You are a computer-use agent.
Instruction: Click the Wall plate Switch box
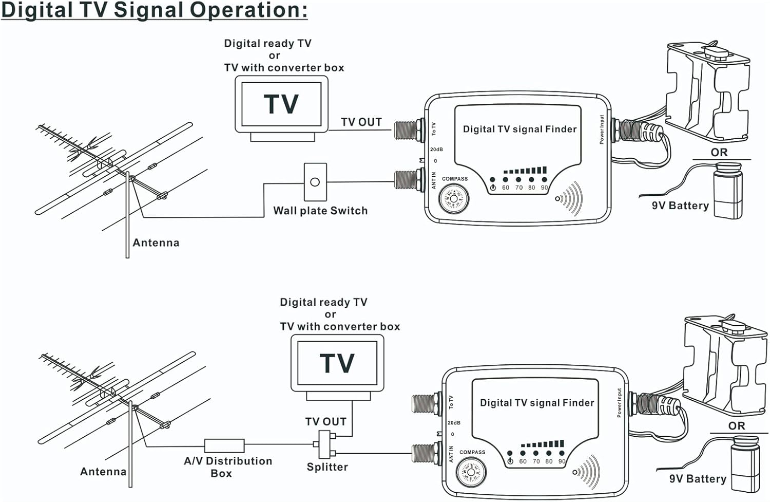315,182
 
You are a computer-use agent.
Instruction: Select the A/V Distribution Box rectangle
224,445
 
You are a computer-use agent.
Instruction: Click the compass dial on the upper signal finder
453,198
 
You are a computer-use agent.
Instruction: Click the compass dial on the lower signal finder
471,472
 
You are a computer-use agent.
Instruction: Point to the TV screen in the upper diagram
281,104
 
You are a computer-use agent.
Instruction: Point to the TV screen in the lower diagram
337,363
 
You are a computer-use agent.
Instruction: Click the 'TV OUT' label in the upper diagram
361,122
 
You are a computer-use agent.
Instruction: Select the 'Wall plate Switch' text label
320,211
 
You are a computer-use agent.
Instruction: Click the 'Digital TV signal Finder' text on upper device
519,129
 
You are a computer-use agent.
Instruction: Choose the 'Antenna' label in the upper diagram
156,243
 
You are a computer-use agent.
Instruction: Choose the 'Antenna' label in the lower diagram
103,472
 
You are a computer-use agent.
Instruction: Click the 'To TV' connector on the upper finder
409,130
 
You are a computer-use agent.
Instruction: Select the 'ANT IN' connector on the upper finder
409,180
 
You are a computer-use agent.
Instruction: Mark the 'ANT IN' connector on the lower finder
426,454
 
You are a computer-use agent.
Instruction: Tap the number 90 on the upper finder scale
544,188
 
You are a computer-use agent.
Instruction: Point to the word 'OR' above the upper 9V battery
719,153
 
